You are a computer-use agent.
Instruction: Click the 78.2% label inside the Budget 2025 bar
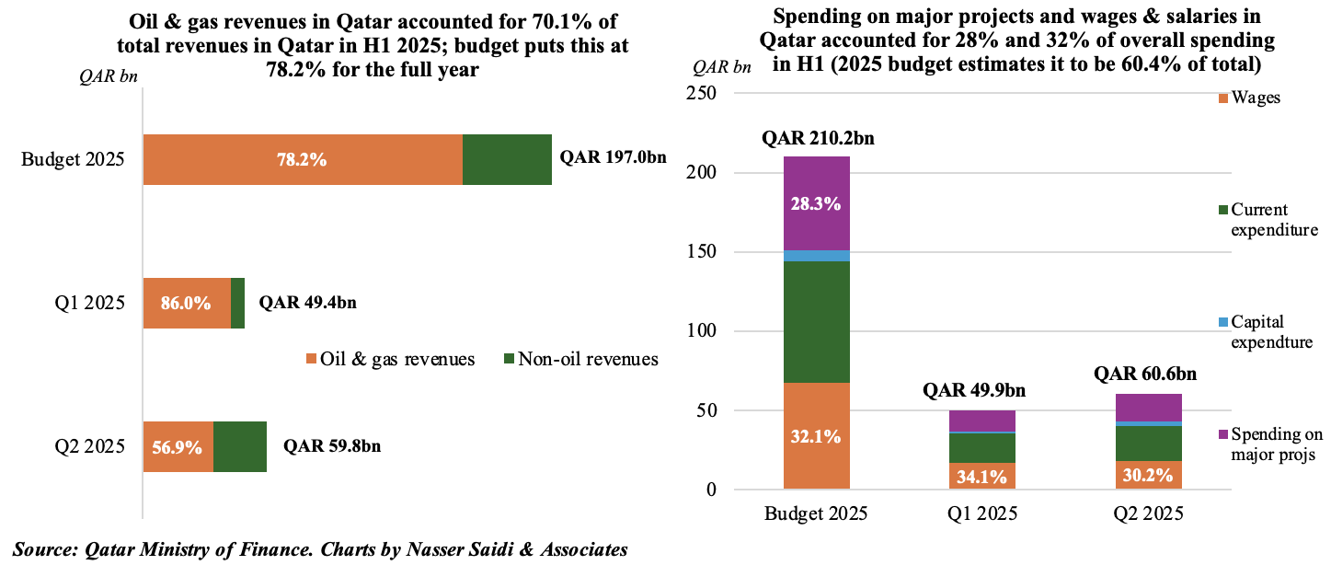coord(303,159)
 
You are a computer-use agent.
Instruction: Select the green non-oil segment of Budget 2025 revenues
coord(507,159)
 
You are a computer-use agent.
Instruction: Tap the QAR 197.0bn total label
coord(613,158)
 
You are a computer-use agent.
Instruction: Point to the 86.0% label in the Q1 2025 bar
coord(187,303)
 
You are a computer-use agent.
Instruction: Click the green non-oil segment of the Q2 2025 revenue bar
coord(240,447)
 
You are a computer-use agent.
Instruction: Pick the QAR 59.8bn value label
coord(332,447)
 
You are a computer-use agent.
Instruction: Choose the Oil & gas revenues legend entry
coord(391,359)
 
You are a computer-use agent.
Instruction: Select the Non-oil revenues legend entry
coord(580,359)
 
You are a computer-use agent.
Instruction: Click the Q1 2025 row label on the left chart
coord(90,303)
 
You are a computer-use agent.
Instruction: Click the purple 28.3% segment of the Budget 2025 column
coord(816,203)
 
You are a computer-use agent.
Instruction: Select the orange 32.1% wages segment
coord(816,436)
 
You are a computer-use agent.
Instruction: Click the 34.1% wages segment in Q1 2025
coord(983,476)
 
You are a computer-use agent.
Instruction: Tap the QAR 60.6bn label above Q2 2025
coord(1150,374)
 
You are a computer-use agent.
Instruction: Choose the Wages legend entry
coord(1255,98)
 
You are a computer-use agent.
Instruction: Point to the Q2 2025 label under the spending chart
coord(1150,513)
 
